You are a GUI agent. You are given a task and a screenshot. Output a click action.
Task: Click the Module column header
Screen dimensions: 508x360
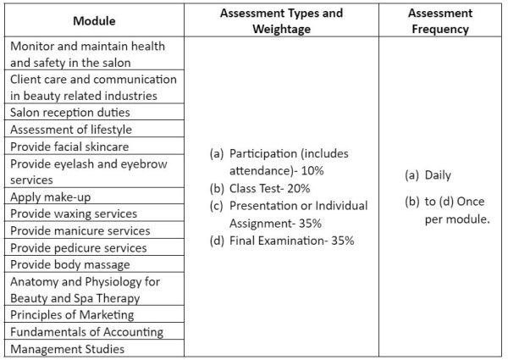click(x=94, y=20)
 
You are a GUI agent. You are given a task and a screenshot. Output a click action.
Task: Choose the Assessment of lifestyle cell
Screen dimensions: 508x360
click(x=71, y=130)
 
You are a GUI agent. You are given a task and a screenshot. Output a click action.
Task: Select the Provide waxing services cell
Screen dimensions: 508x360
click(x=74, y=213)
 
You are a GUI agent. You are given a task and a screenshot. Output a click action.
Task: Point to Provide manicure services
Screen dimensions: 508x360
click(x=80, y=230)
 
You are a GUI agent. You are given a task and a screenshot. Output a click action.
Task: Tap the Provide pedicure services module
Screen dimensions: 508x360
click(x=79, y=247)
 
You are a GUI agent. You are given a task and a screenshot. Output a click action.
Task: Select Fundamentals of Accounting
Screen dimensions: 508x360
click(x=87, y=331)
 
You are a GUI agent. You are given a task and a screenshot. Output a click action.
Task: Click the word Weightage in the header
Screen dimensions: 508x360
click(x=281, y=30)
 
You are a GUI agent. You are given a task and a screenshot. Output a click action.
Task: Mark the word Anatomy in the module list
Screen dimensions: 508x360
click(x=36, y=281)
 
